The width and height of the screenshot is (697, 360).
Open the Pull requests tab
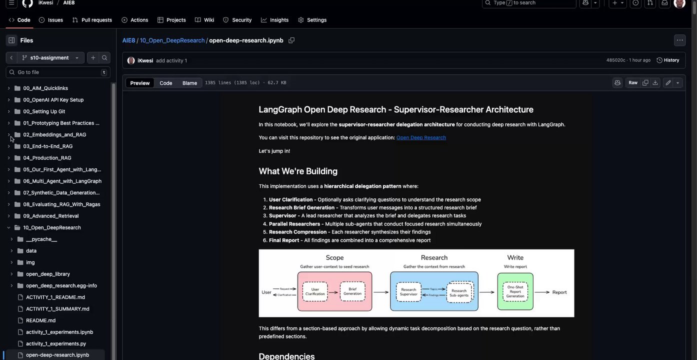pos(92,20)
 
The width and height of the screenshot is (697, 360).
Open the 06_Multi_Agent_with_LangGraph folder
pos(62,181)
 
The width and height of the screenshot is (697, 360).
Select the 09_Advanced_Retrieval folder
pos(50,216)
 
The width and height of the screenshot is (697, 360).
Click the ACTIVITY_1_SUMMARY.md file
pos(57,309)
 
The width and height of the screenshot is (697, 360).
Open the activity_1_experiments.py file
pos(56,344)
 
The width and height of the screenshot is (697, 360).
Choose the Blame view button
pos(189,83)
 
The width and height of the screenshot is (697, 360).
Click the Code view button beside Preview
pos(166,83)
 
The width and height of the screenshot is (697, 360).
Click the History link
pos(668,60)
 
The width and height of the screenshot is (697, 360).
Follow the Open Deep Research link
pos(421,137)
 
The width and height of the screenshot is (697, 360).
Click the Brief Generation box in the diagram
pos(352,291)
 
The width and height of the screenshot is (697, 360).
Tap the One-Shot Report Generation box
pos(515,291)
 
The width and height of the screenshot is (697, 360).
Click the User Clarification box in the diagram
pos(315,291)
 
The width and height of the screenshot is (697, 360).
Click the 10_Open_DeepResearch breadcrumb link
pos(172,40)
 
